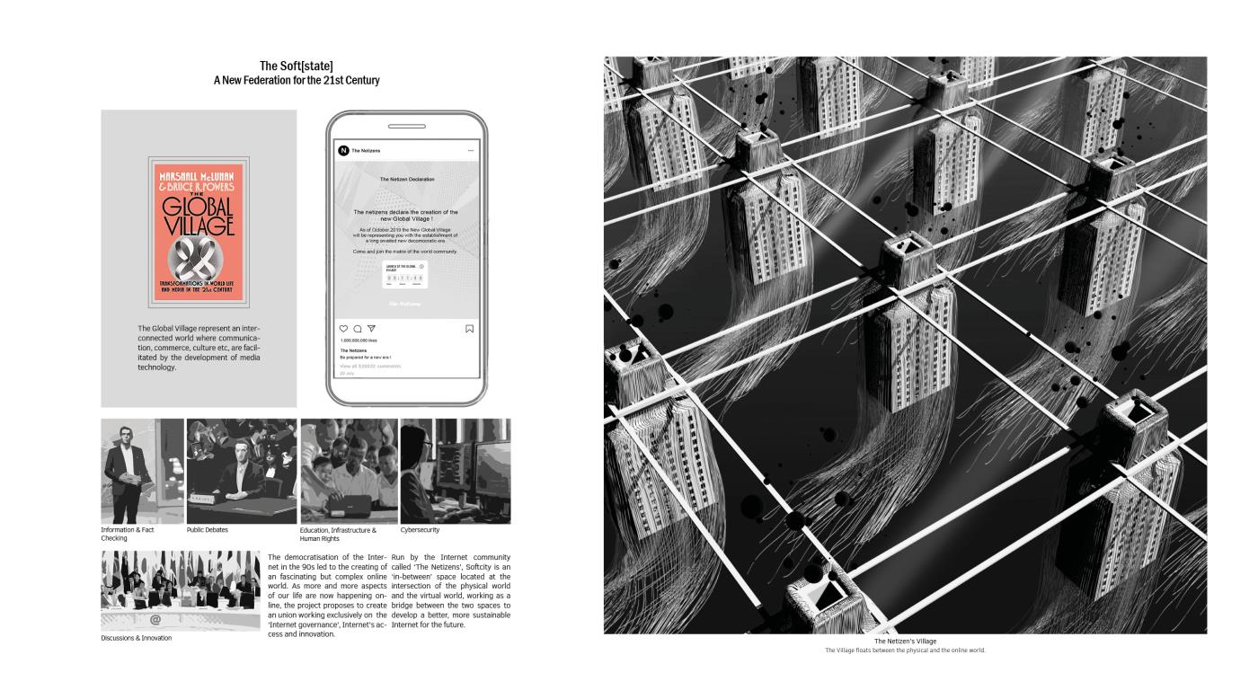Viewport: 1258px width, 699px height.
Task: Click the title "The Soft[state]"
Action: [x=296, y=66]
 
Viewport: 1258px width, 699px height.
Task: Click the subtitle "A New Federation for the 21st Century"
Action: [x=296, y=80]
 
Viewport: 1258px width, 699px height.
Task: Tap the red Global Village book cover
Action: [x=198, y=232]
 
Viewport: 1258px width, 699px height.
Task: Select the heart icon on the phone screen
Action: [x=343, y=329]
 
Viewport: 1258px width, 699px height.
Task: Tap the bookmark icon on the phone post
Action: [x=469, y=329]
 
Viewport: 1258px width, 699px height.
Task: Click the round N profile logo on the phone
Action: [x=343, y=151]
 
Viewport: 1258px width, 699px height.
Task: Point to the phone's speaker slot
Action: [x=406, y=127]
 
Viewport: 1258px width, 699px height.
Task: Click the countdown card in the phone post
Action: [x=405, y=275]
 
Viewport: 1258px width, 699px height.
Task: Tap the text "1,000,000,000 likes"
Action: [x=359, y=341]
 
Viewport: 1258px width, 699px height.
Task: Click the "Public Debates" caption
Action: [x=208, y=530]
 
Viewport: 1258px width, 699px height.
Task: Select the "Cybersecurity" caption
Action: [x=420, y=530]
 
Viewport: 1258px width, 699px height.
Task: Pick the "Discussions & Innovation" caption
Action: [x=136, y=638]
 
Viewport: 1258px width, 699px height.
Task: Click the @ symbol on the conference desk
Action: [x=155, y=620]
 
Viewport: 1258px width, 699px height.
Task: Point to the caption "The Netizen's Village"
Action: [x=905, y=641]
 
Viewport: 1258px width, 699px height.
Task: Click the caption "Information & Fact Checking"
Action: [x=127, y=534]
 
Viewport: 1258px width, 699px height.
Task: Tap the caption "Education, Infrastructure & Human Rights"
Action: [x=338, y=534]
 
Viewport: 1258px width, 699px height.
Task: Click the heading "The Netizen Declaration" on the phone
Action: [x=406, y=180]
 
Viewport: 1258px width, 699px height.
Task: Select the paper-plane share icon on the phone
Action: [x=371, y=329]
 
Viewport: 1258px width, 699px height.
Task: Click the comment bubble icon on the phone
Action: [x=358, y=329]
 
